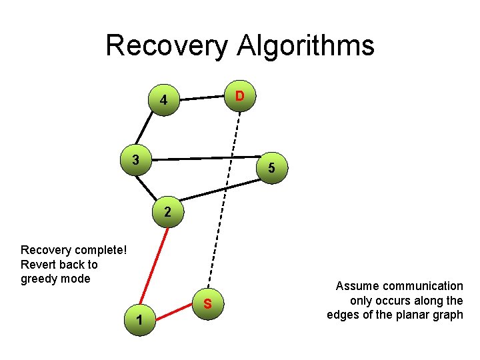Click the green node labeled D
coord(239,97)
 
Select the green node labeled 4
coord(163,102)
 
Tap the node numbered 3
coord(136,160)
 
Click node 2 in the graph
coord(167,213)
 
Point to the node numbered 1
coord(138,319)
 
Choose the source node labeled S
coord(208,305)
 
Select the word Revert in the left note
coord(37,265)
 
